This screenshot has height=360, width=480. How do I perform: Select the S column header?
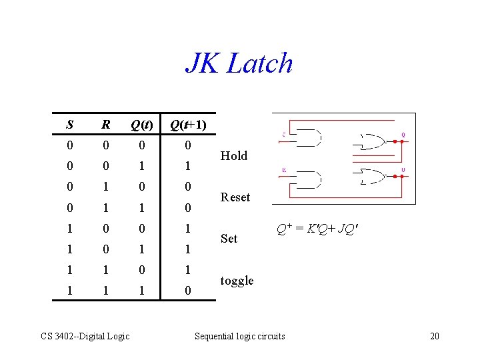70,125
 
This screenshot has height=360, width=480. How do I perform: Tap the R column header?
105,125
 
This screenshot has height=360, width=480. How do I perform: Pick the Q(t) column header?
141,125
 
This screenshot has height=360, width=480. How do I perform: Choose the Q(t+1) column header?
188,125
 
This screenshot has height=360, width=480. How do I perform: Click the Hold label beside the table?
233,155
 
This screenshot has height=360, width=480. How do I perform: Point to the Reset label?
235,197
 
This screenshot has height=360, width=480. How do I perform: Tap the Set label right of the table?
229,239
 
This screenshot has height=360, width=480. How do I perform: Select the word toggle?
237,281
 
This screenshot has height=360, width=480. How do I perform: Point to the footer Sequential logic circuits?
239,336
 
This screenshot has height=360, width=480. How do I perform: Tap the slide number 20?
434,336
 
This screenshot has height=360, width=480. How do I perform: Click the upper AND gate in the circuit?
307,138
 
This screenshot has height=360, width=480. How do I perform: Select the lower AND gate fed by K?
307,179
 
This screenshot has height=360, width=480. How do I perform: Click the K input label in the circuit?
284,170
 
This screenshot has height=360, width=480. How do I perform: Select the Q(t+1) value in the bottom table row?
188,291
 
